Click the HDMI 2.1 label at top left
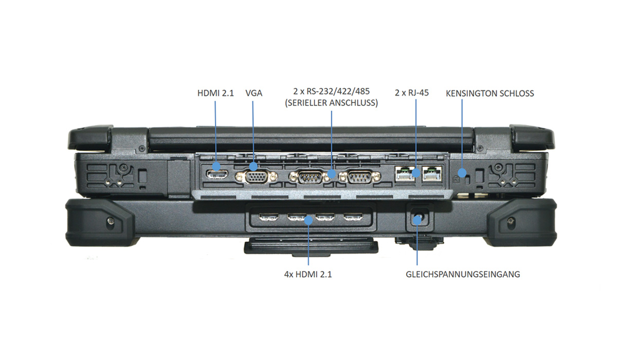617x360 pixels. tap(215, 94)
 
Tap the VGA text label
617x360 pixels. tap(255, 94)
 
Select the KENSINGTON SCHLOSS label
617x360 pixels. tap(490, 94)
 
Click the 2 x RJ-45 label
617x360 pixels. tap(411, 94)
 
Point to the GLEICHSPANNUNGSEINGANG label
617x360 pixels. tap(462, 274)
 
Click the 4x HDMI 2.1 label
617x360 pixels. tap(308, 274)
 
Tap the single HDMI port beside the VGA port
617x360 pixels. tap(216, 173)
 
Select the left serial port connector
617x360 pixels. tap(308, 177)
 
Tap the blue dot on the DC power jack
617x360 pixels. tap(418, 220)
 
